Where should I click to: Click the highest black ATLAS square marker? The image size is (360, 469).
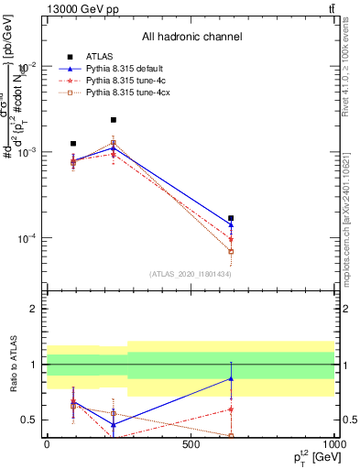tap(114, 120)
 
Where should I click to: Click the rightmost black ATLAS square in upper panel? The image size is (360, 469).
tap(231, 218)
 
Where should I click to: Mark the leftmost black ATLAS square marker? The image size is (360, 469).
tap(73, 144)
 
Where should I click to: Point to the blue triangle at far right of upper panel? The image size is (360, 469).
tap(231, 224)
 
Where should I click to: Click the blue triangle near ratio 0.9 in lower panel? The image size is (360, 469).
tap(231, 378)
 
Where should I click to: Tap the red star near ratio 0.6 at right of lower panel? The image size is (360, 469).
tap(231, 409)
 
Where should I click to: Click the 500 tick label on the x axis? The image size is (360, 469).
tap(191, 445)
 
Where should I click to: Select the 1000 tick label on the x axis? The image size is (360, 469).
tap(333, 445)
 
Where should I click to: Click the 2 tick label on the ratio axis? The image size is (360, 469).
tap(33, 309)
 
